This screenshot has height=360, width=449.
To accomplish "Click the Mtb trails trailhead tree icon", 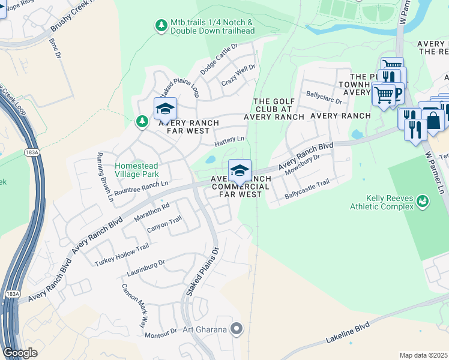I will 161,25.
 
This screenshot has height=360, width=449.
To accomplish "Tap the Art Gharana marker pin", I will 238,328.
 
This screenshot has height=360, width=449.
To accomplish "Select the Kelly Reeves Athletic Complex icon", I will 423,200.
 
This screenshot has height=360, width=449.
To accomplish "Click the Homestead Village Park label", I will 141,170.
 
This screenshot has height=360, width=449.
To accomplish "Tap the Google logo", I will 20,353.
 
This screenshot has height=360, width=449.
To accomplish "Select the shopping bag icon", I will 433,119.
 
